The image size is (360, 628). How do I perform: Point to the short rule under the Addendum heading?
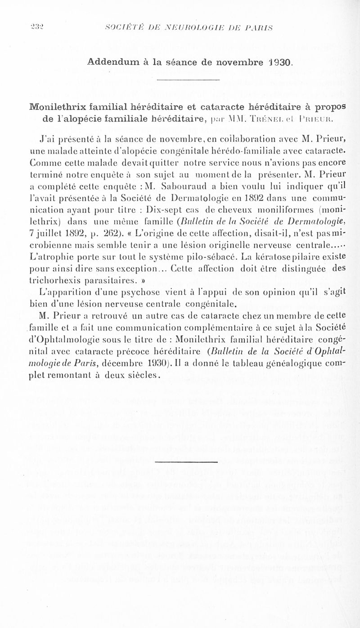pyautogui.click(x=189, y=81)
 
